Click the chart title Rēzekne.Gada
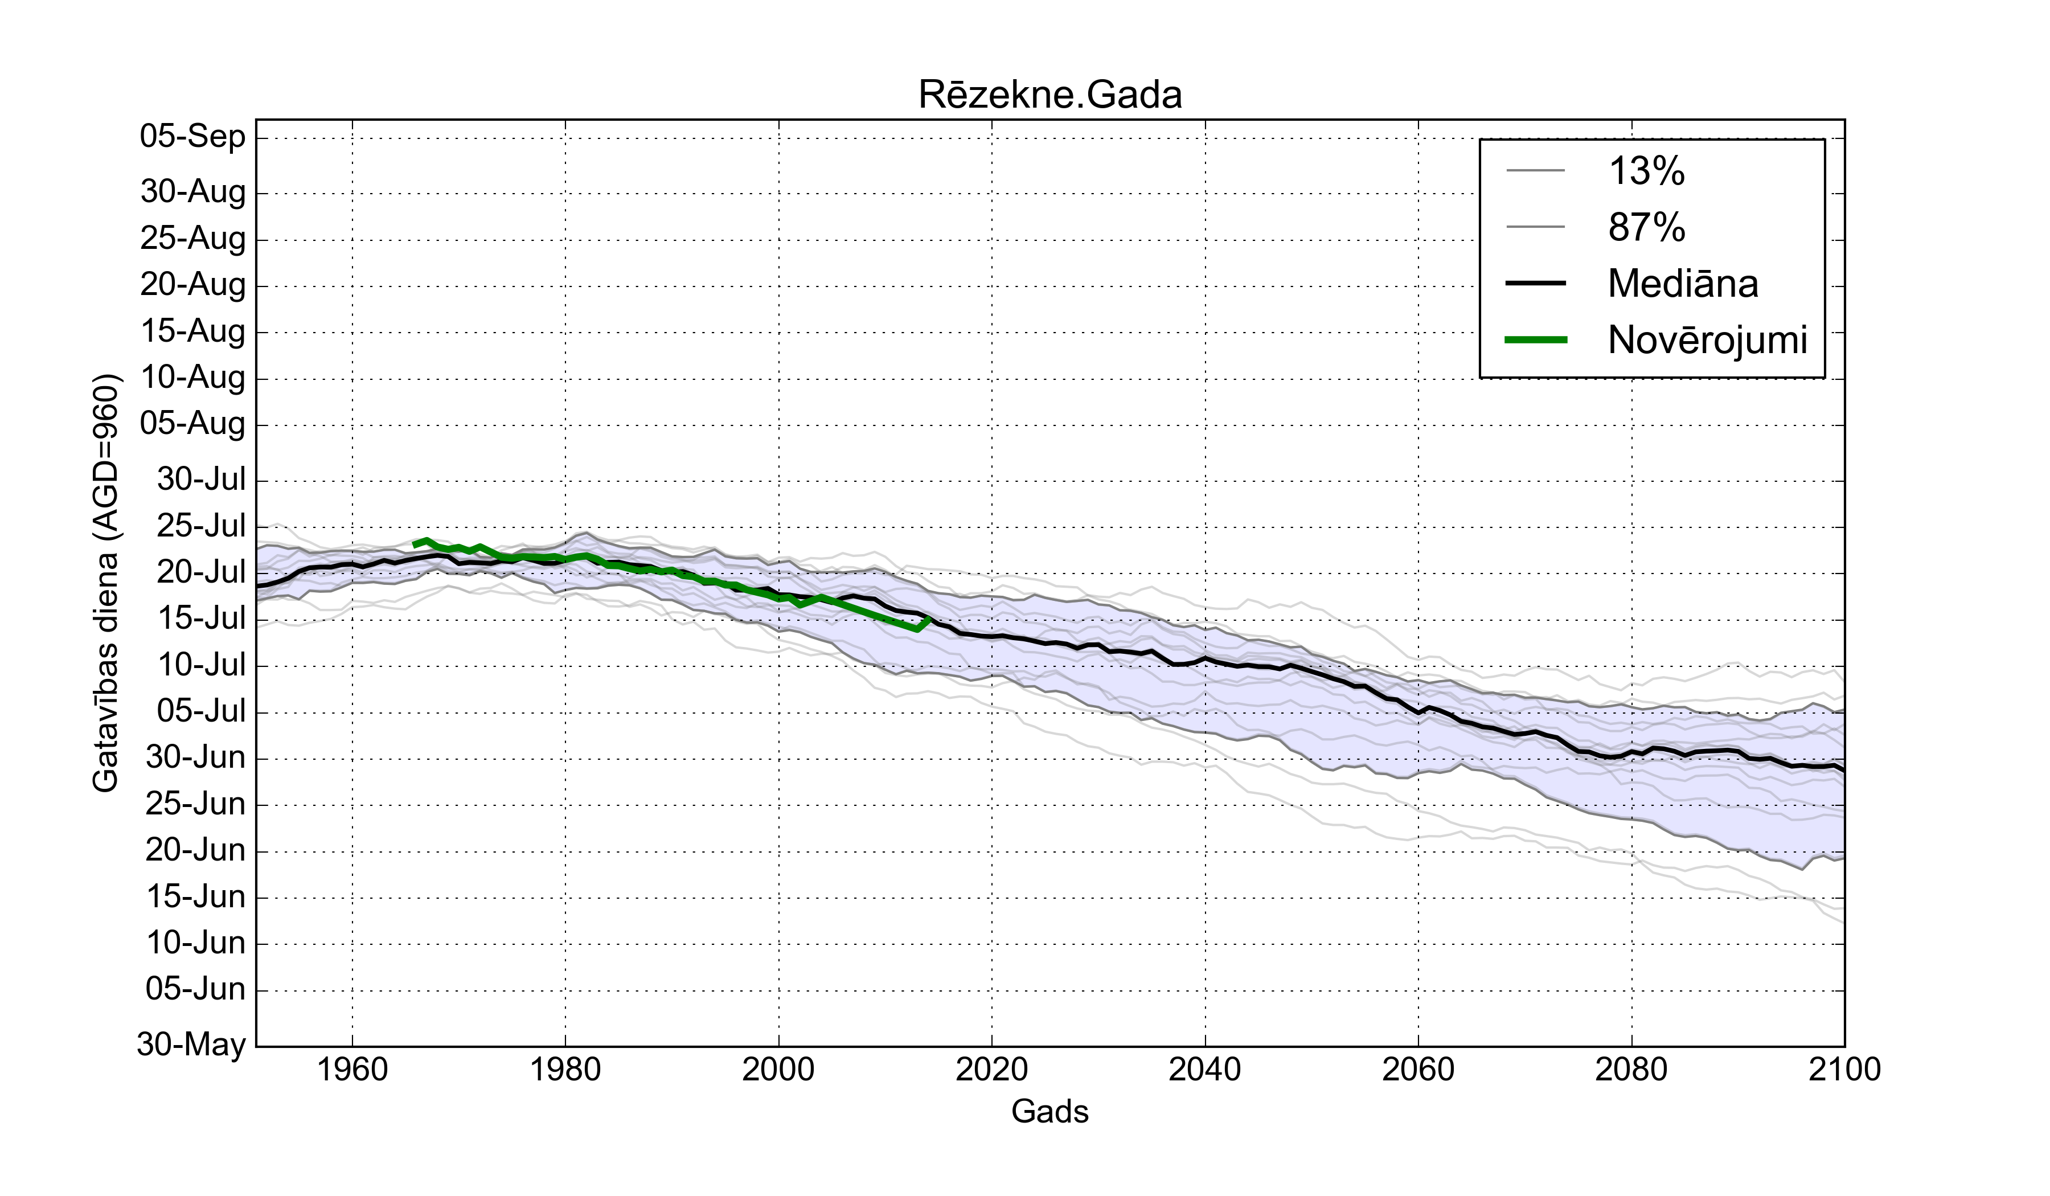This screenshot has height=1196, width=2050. click(1049, 95)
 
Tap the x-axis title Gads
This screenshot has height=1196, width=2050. click(1049, 1111)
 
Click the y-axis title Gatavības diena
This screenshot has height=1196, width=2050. click(106, 583)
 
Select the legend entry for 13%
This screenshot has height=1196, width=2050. click(1646, 171)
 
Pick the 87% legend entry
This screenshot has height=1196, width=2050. click(1646, 227)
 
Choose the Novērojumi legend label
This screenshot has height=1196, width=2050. click(1707, 340)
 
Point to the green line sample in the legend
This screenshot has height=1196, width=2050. click(1536, 340)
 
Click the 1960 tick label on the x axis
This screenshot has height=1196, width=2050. click(352, 1069)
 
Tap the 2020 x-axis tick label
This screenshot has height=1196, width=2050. click(991, 1069)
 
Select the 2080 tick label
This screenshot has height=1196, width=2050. click(1631, 1069)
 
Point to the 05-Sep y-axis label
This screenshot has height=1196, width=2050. click(193, 136)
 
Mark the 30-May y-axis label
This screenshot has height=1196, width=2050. click(191, 1044)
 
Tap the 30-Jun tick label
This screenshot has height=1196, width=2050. click(195, 757)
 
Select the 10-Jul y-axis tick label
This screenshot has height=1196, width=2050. click(201, 666)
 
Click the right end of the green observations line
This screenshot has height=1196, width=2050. click(929, 619)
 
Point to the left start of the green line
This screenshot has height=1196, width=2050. click(415, 544)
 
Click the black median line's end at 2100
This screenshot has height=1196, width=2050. click(1843, 769)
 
